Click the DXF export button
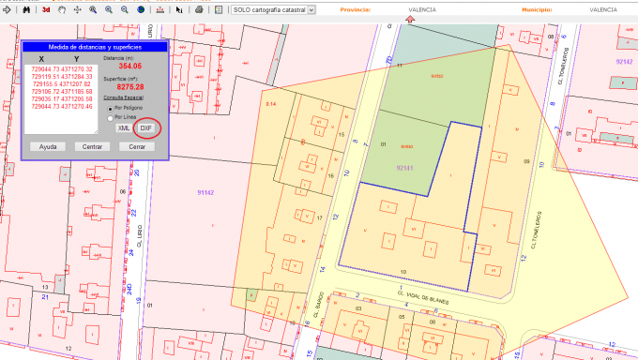[x=145, y=127]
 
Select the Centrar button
[x=92, y=146]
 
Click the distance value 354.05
[x=130, y=67]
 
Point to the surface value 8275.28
[x=129, y=87]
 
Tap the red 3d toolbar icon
[x=47, y=8]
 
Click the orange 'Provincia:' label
[x=355, y=8]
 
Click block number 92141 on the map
[x=405, y=166]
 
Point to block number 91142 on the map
[x=206, y=191]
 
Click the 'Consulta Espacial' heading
[x=123, y=97]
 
